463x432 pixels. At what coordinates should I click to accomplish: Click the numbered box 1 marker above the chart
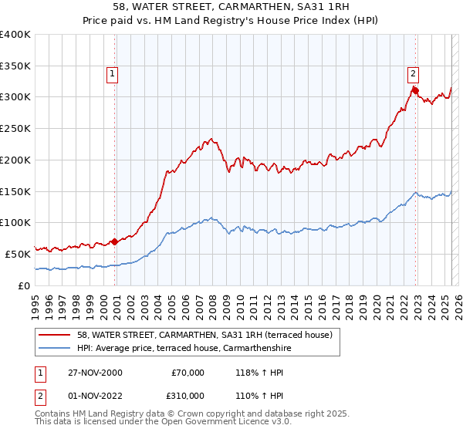click(x=112, y=74)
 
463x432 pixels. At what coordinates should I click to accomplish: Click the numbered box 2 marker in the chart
click(x=413, y=74)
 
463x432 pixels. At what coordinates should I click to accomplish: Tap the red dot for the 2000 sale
click(x=115, y=241)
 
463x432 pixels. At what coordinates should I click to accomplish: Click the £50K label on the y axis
click(x=18, y=253)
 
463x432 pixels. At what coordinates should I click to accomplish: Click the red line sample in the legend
click(x=55, y=335)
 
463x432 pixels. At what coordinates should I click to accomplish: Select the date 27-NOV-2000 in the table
click(x=94, y=373)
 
